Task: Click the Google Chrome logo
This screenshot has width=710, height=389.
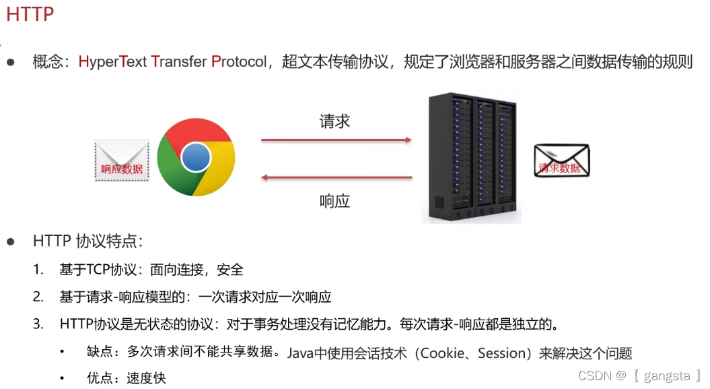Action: pos(196,157)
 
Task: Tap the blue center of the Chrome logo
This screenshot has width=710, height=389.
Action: pos(196,158)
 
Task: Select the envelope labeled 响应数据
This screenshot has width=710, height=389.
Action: pos(122,160)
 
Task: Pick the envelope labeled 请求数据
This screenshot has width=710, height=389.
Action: pos(561,161)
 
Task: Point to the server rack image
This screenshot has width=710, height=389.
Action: pos(472,159)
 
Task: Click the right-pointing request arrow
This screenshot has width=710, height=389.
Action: pos(336,140)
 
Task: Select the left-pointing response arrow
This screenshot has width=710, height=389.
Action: pos(336,178)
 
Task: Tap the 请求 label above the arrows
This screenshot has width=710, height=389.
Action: pos(334,121)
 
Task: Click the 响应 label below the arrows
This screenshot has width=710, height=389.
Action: pos(334,201)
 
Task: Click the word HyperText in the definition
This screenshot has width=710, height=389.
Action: pos(112,62)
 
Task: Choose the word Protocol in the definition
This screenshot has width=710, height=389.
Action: pos(239,62)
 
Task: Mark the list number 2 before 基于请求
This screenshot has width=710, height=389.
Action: pos(38,297)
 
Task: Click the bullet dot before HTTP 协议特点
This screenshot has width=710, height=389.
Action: pos(11,241)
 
